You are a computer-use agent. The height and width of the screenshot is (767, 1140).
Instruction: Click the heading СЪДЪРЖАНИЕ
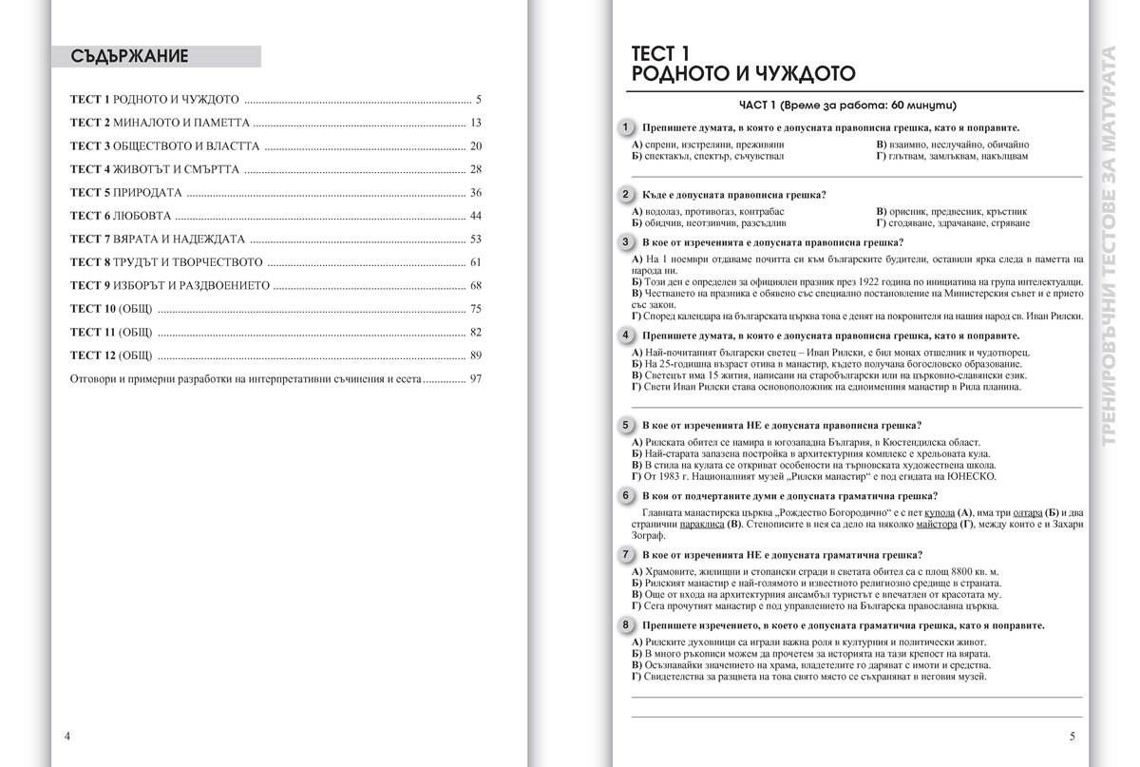pyautogui.click(x=130, y=56)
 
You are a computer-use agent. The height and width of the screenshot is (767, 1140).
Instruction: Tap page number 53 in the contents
pyautogui.click(x=476, y=240)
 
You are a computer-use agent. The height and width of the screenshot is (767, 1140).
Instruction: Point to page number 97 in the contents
pyautogui.click(x=476, y=378)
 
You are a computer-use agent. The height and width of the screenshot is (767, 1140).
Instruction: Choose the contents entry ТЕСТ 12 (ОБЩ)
pyautogui.click(x=111, y=355)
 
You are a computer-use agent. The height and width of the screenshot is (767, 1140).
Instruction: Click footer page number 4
pyautogui.click(x=66, y=737)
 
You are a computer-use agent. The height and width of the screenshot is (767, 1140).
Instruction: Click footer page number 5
pyautogui.click(x=1072, y=737)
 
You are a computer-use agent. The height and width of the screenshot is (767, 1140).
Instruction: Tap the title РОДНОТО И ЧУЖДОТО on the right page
pyautogui.click(x=743, y=73)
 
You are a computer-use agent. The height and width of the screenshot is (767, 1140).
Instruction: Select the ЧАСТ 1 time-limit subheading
pyautogui.click(x=847, y=105)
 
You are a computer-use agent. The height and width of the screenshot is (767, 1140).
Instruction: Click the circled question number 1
pyautogui.click(x=625, y=127)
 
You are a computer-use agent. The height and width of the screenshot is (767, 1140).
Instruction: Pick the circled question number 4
pyautogui.click(x=625, y=336)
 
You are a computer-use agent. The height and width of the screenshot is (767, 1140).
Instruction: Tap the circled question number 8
pyautogui.click(x=625, y=625)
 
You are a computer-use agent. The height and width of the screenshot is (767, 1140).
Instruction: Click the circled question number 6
pyautogui.click(x=625, y=496)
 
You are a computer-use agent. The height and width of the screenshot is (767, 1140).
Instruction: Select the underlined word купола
pyautogui.click(x=938, y=514)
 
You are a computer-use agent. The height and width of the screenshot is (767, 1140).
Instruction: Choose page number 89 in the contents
pyautogui.click(x=476, y=355)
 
